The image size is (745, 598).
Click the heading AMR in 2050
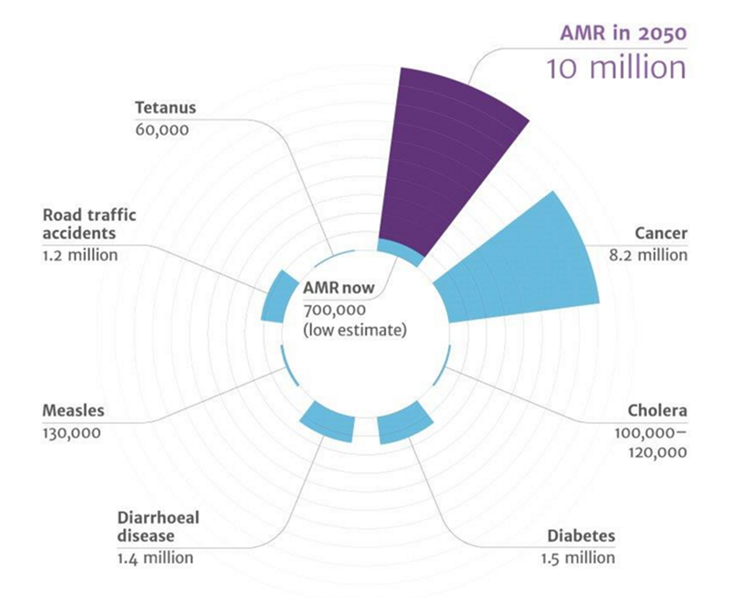[x=623, y=33]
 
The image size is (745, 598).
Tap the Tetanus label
[x=166, y=107]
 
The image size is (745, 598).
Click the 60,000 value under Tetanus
[x=162, y=130]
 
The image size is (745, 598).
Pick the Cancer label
[x=661, y=233]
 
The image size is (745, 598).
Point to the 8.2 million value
[x=648, y=255]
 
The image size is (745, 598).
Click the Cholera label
[x=657, y=410]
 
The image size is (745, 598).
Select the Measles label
[x=73, y=410]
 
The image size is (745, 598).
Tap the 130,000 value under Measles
[x=72, y=433]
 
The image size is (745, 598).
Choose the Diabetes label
[x=581, y=536]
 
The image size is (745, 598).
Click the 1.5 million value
[x=578, y=558]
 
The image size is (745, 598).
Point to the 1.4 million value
[x=155, y=558]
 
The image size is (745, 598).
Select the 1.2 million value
[x=80, y=255]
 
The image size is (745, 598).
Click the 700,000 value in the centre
[x=334, y=310]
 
